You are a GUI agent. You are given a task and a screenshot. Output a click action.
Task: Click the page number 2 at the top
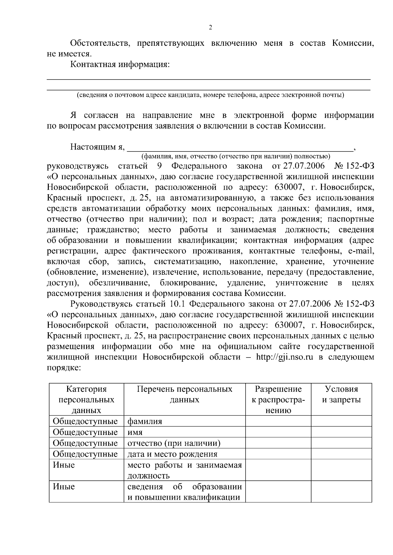click(210, 27)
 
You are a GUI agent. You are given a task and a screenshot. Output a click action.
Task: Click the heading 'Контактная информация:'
click(120, 64)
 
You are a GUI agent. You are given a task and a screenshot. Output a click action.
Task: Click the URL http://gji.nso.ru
click(284, 357)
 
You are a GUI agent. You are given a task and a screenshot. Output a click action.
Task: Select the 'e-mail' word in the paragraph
click(361, 251)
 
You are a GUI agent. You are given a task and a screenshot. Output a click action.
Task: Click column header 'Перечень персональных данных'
click(184, 394)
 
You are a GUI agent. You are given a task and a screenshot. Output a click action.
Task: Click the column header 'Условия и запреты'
click(341, 394)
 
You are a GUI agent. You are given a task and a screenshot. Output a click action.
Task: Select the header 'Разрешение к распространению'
click(278, 400)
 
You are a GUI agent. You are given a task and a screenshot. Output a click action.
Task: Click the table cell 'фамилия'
click(144, 421)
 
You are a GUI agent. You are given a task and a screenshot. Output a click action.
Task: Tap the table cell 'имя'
click(135, 432)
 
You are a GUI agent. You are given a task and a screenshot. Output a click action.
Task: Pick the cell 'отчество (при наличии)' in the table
click(174, 443)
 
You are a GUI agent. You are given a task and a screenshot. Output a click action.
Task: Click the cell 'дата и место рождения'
click(172, 454)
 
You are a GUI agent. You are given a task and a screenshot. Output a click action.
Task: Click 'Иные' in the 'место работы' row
click(64, 465)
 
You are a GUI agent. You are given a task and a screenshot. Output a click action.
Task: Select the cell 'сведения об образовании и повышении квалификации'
click(184, 492)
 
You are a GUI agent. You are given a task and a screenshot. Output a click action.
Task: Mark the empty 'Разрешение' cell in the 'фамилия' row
click(278, 421)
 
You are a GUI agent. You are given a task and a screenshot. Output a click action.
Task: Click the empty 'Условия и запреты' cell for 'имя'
click(341, 432)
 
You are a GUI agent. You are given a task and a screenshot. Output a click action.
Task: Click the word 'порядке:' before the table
click(64, 368)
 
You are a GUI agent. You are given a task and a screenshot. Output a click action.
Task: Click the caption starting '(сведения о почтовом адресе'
click(210, 95)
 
